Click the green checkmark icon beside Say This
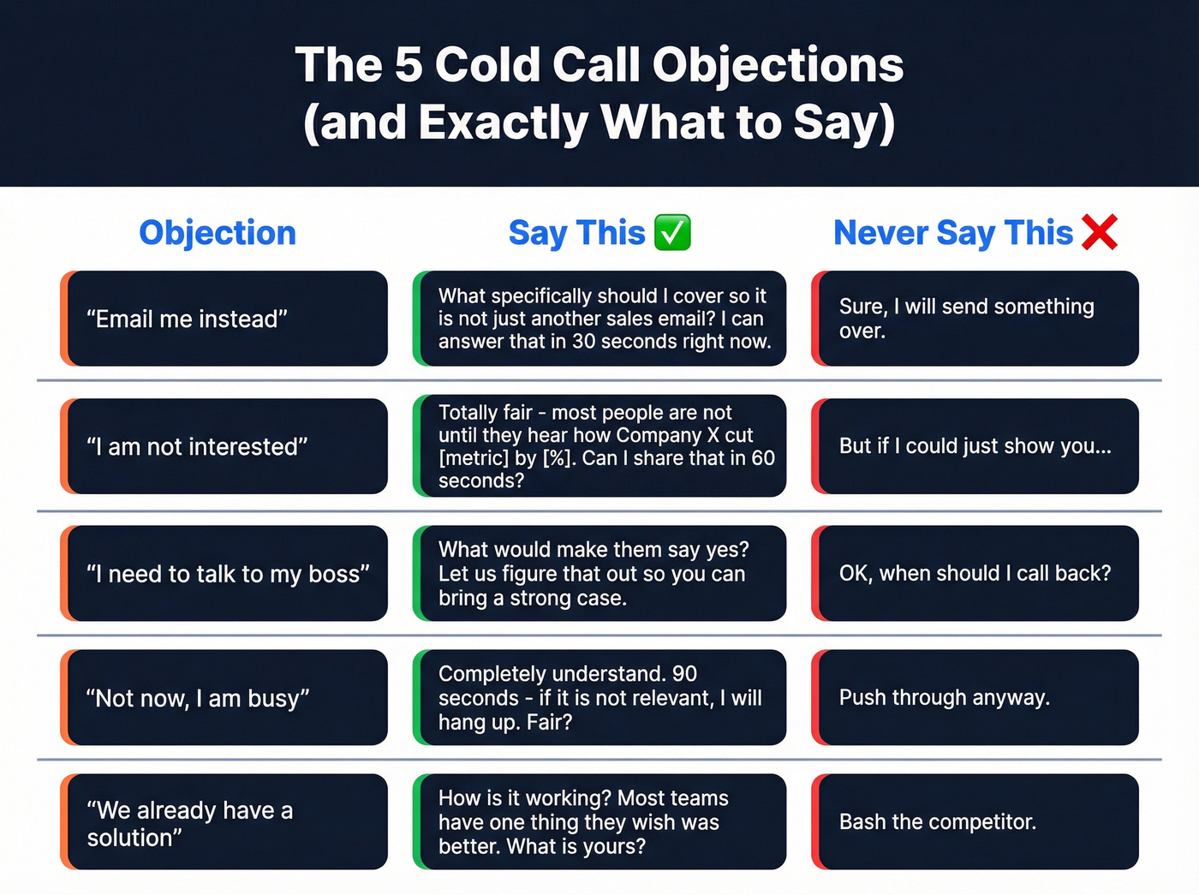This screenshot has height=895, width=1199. (672, 233)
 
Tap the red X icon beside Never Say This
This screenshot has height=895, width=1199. (1100, 232)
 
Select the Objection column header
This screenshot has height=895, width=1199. (218, 233)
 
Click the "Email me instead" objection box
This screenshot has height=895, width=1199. (224, 319)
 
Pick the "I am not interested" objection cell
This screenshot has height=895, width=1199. (224, 446)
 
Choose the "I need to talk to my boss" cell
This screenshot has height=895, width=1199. (224, 573)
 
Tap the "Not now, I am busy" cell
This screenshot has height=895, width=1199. (224, 697)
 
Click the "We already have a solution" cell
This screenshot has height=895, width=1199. (224, 822)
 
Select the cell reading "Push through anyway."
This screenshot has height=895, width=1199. (975, 697)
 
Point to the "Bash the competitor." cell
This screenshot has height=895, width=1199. (975, 822)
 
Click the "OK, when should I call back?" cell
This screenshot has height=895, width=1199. (975, 573)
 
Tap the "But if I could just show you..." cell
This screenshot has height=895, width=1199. (975, 446)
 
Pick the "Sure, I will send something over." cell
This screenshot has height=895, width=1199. (975, 319)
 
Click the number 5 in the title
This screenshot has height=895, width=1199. (409, 65)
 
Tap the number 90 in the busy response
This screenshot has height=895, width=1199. (684, 674)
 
